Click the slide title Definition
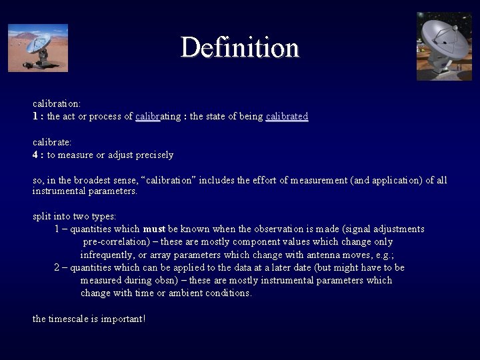239,48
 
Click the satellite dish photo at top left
38,47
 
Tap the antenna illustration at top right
444,46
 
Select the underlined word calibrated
287,117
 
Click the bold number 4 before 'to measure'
35,155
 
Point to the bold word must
154,229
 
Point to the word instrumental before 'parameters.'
63,191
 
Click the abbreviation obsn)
175,280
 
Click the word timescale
73,319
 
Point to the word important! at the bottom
125,319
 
